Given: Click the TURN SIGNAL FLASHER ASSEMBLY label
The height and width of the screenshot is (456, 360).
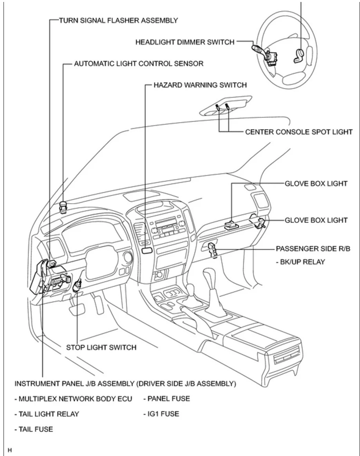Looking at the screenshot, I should [118, 20].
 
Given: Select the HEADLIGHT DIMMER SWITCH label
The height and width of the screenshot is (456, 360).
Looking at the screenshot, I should [185, 42].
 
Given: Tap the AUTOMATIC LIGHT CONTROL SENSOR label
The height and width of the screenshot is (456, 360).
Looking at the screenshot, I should [139, 63].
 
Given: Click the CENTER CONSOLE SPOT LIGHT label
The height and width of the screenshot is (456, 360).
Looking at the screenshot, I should [298, 132].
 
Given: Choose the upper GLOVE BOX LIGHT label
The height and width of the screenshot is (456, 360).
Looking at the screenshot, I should [316, 183].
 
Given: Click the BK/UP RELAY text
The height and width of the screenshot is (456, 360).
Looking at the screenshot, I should [300, 262].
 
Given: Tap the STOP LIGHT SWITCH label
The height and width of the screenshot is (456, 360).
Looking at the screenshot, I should [101, 347].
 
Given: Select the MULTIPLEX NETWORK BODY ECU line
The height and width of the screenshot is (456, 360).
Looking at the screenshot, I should [73, 399].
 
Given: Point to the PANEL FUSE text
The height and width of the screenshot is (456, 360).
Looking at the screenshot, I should [166, 399].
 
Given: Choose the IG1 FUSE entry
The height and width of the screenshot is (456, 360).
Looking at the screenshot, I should [161, 414].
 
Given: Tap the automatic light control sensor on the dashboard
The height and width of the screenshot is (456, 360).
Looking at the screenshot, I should [63, 206].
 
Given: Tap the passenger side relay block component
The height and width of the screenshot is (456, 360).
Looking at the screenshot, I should [212, 249].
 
